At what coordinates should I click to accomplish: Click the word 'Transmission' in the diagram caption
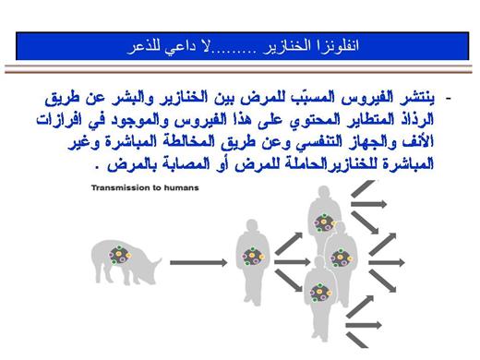coord(119,187)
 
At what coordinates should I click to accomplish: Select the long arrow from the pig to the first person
coord(198,262)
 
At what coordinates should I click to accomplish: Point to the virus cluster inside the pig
coord(120,255)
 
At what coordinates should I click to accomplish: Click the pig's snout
coord(159,261)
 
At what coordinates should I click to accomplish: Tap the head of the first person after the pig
coord(252,227)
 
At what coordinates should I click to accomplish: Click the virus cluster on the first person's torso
coord(253,257)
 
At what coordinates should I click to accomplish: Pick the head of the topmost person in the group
coord(324,193)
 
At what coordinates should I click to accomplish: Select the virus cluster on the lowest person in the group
coord(320,292)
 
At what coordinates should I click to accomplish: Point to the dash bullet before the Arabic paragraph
coord(448,99)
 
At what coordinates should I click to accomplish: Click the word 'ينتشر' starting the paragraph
coord(420,98)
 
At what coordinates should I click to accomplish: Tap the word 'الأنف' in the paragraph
coord(422,141)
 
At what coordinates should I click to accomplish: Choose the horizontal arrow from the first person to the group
coord(292,262)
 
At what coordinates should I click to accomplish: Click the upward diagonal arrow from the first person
coord(289,244)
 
